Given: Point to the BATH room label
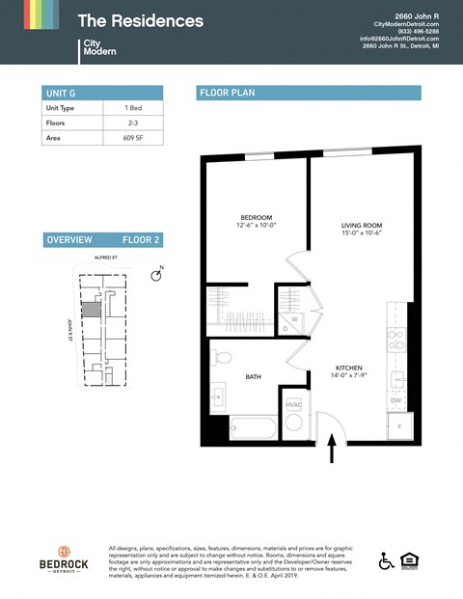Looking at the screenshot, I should click(254, 376).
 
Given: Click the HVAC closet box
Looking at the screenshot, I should click(293, 403).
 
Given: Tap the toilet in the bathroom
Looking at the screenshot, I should click(221, 358).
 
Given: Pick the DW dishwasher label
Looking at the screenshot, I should click(395, 399).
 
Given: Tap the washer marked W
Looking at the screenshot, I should click(293, 317).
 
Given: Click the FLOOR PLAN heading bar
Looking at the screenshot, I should click(309, 93).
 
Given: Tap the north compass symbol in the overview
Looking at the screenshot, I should click(157, 277).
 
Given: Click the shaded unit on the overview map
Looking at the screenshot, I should click(90, 310).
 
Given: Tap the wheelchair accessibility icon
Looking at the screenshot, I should click(386, 561).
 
